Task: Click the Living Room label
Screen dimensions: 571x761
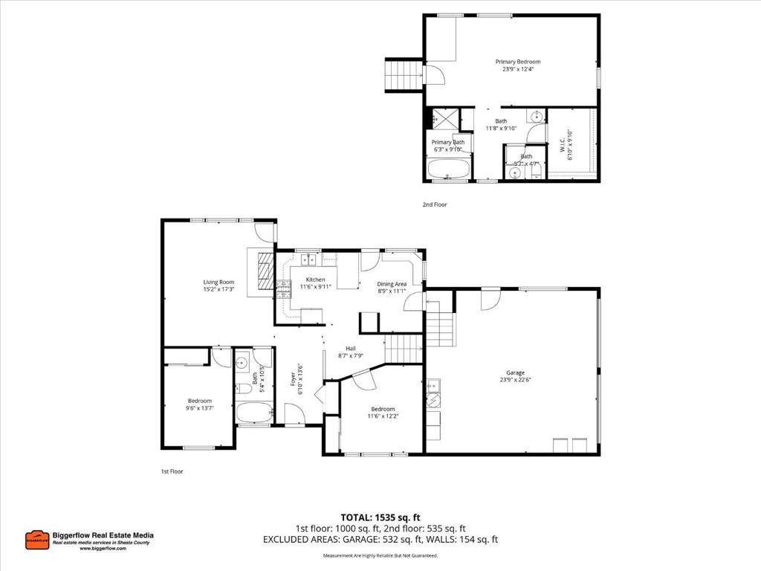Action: click(x=219, y=282)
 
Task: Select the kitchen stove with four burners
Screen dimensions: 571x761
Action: click(x=282, y=289)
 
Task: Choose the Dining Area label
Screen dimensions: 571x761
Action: click(x=392, y=283)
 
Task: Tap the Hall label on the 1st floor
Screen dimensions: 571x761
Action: click(x=351, y=348)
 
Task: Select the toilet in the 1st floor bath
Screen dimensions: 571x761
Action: click(x=243, y=387)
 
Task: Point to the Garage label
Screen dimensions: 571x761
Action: click(x=515, y=372)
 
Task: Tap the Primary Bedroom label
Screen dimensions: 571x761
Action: click(x=518, y=62)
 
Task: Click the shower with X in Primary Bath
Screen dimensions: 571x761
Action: click(x=444, y=118)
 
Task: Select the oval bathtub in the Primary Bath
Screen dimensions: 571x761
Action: click(x=450, y=168)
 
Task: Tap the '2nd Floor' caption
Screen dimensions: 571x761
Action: click(x=435, y=204)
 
